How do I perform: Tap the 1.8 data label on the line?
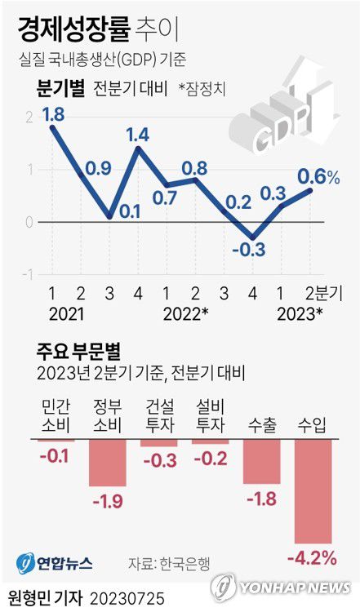click(x=53, y=115)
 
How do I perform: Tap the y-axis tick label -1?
click(x=30, y=273)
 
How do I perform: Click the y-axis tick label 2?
click(x=30, y=118)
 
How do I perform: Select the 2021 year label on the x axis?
click(x=66, y=313)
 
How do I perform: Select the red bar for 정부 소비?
click(x=107, y=463)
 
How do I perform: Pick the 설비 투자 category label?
click(x=211, y=416)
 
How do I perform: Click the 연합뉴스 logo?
click(x=54, y=563)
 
